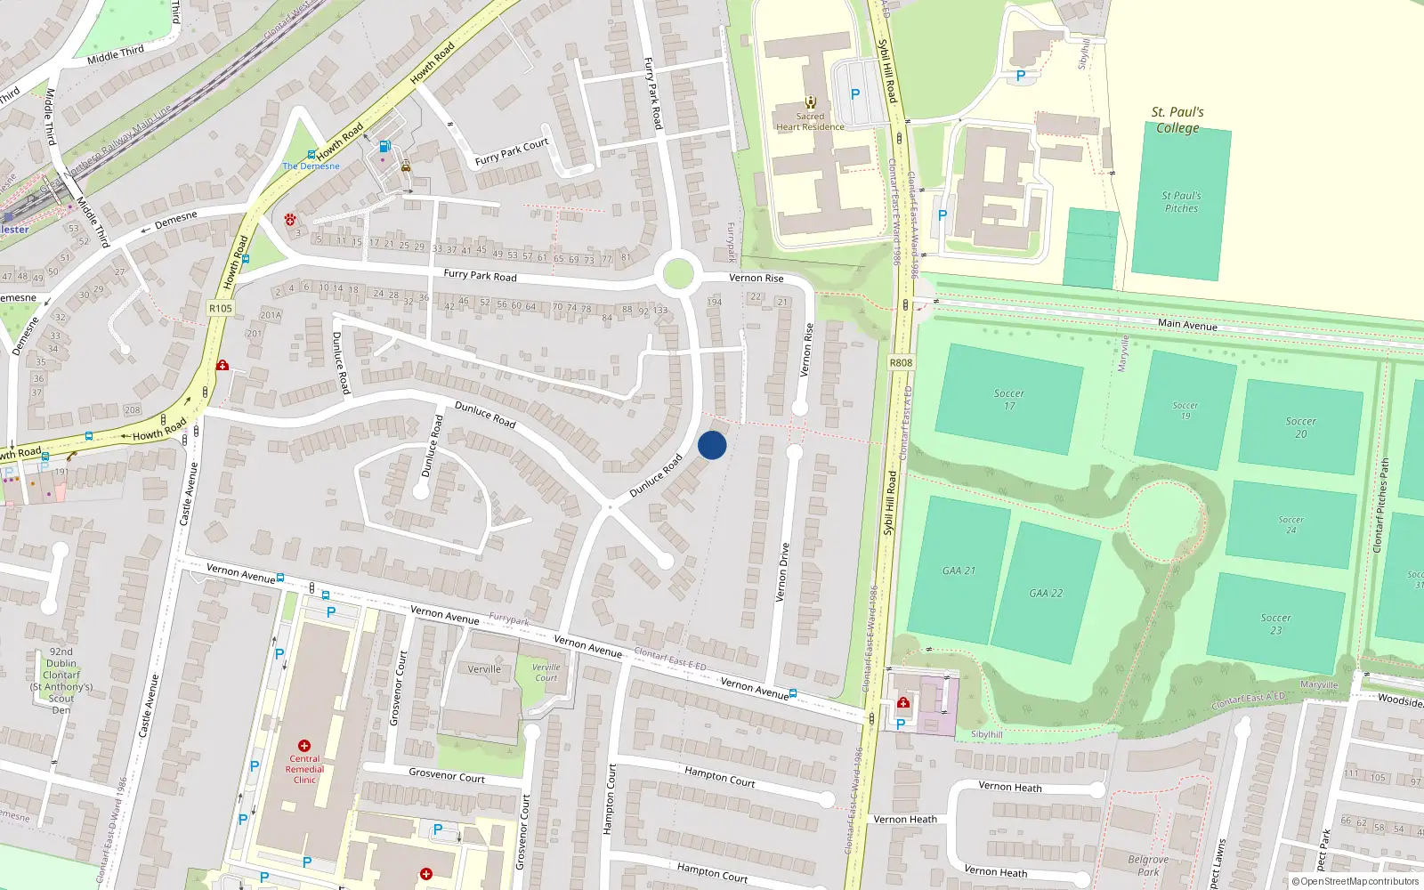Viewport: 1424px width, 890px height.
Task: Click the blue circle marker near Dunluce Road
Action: pyautogui.click(x=712, y=445)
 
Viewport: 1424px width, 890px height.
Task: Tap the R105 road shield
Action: pyautogui.click(x=220, y=308)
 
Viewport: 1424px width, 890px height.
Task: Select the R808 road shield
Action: pyautogui.click(x=901, y=362)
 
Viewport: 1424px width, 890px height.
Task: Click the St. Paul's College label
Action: pyautogui.click(x=1177, y=119)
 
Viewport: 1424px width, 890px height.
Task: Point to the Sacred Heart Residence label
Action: pyautogui.click(x=810, y=122)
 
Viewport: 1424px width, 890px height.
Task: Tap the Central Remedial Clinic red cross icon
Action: pyautogui.click(x=304, y=746)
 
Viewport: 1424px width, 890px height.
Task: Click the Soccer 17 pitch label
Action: pyautogui.click(x=1008, y=400)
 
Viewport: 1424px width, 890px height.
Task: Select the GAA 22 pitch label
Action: pyautogui.click(x=1046, y=593)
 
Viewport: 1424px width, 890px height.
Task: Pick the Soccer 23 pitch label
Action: pyautogui.click(x=1275, y=624)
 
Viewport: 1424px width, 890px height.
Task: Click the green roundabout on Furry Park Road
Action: pyautogui.click(x=678, y=273)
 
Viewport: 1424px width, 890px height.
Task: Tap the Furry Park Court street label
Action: pyautogui.click(x=512, y=152)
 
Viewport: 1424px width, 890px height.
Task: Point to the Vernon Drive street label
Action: pyautogui.click(x=783, y=572)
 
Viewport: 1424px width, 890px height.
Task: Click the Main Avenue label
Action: pyautogui.click(x=1187, y=325)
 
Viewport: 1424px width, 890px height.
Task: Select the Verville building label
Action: pyautogui.click(x=484, y=669)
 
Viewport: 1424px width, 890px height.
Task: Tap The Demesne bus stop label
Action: pyautogui.click(x=311, y=166)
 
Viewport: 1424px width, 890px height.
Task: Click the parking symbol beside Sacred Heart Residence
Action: pyautogui.click(x=855, y=93)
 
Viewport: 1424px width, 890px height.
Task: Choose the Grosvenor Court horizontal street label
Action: pyautogui.click(x=447, y=775)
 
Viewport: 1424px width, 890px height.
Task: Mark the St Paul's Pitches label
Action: pyautogui.click(x=1181, y=202)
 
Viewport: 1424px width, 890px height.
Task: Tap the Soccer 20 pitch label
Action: pyautogui.click(x=1300, y=427)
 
